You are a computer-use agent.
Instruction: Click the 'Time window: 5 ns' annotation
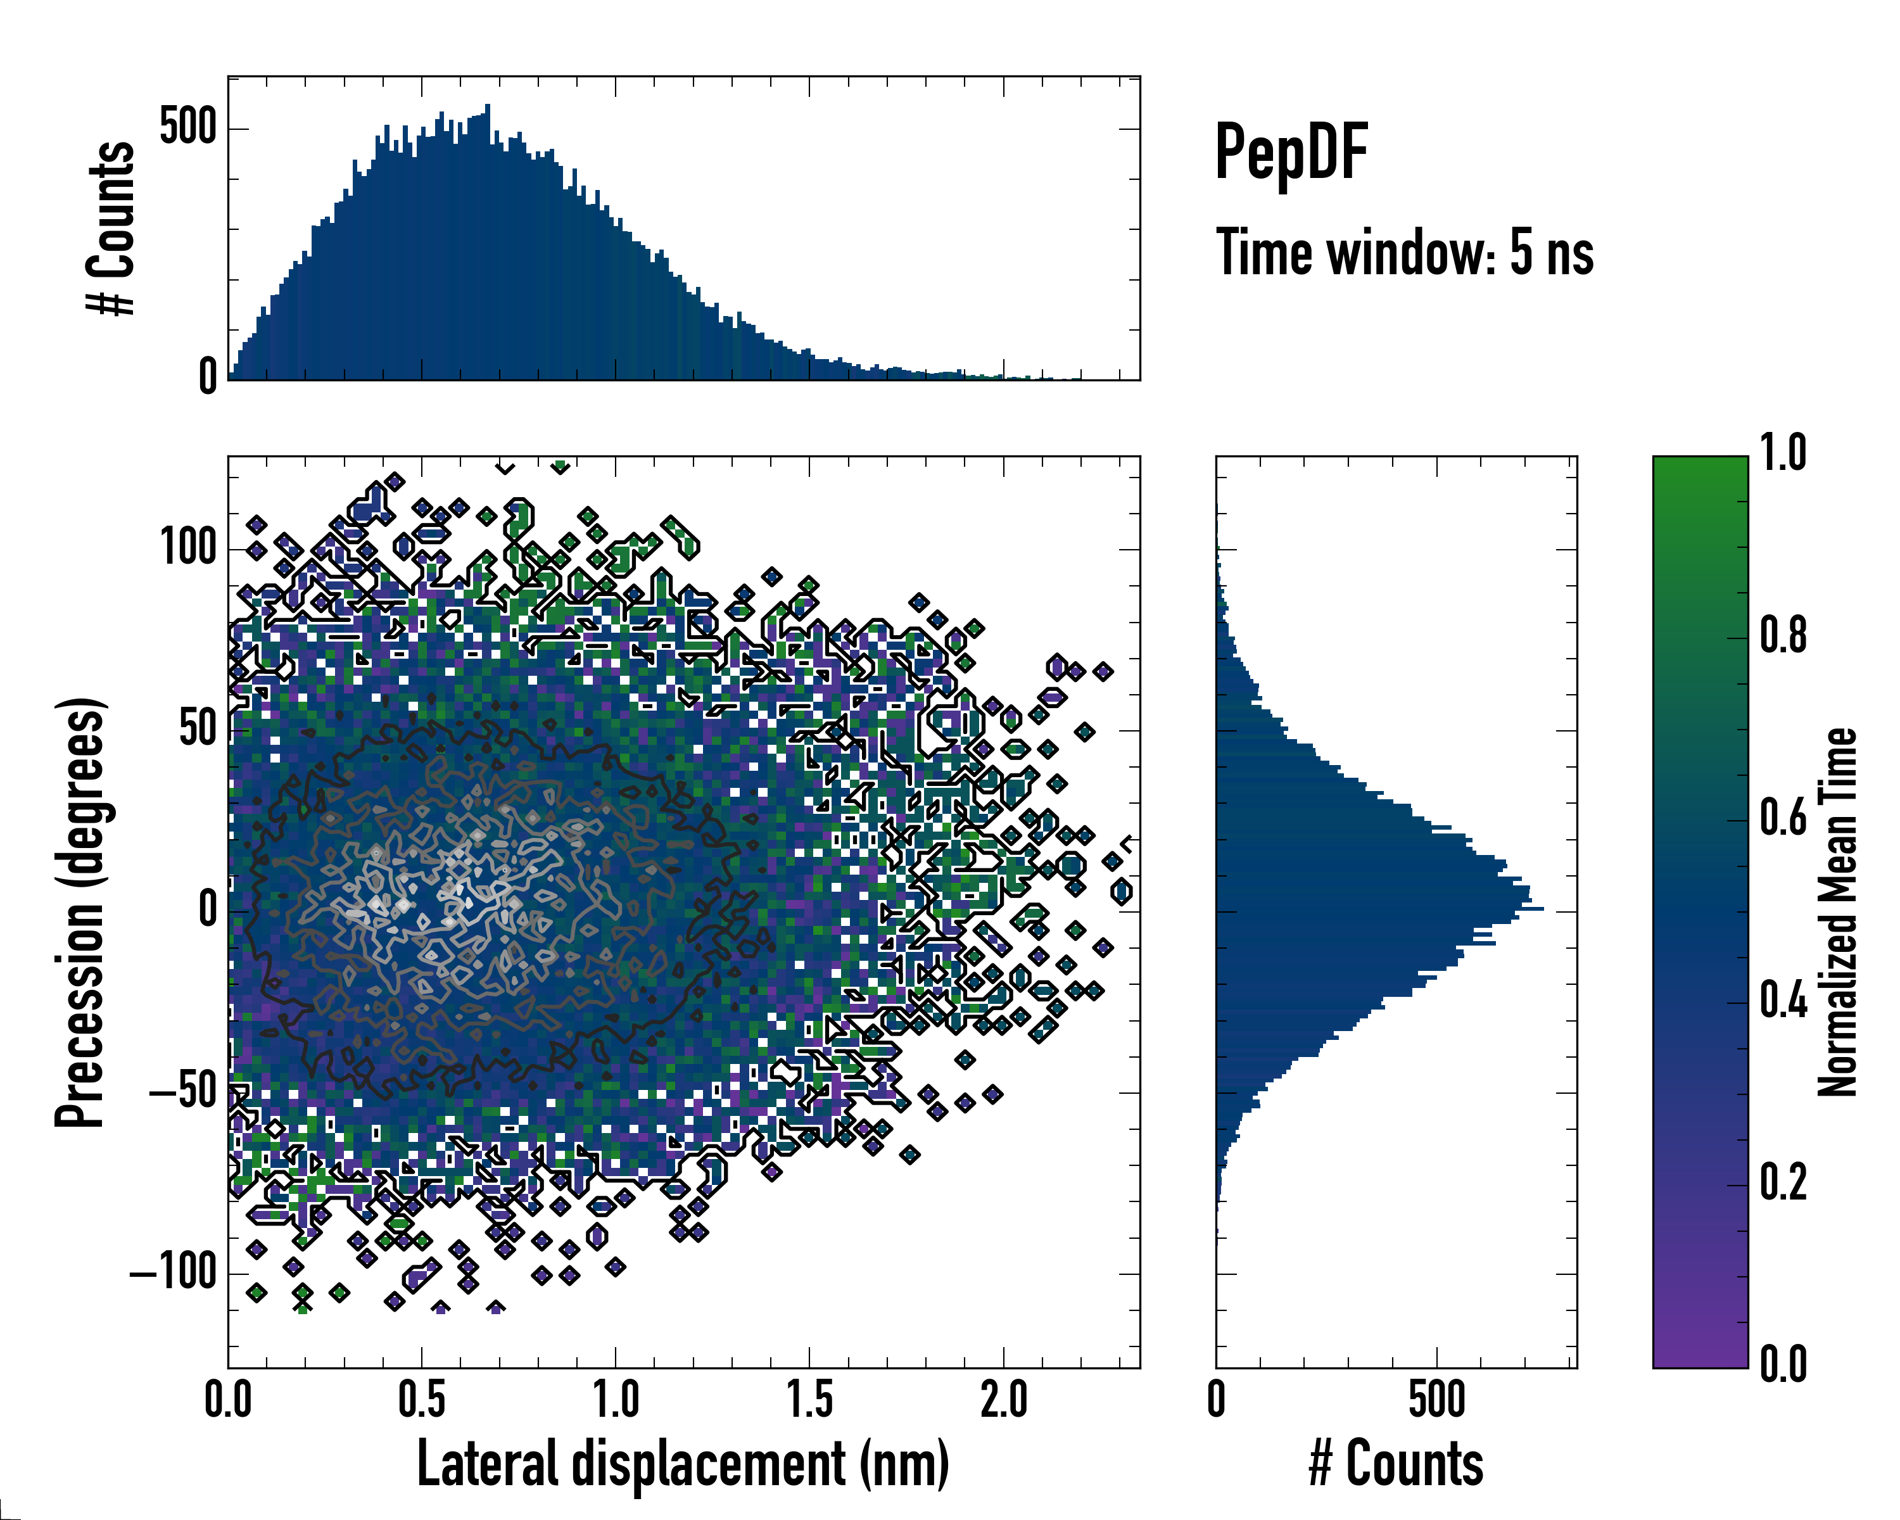coord(1404,253)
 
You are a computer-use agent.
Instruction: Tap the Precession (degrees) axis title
coord(80,912)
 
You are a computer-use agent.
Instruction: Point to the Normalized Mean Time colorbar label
coord(1837,912)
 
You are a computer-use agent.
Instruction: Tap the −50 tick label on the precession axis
coord(182,1092)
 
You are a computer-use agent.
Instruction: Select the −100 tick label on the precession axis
coord(173,1274)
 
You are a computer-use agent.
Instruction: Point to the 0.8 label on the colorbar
coord(1783,635)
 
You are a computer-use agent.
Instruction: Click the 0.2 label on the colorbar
coord(1783,1182)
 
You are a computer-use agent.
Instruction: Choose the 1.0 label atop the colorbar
coord(1783,453)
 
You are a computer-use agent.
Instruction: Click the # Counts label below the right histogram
coord(1396,1463)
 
